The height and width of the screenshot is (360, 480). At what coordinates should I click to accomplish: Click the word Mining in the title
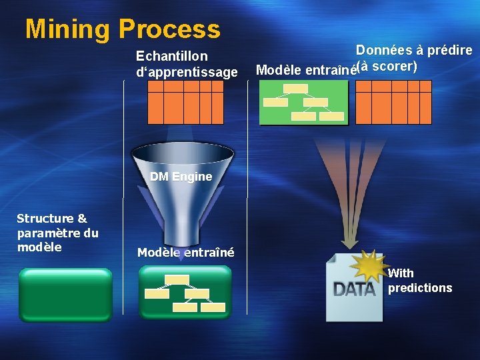67,29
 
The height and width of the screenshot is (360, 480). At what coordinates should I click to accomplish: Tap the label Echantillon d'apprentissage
186,64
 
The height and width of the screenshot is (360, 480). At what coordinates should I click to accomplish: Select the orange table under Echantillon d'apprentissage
185,107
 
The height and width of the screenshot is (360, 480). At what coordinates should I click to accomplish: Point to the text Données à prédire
413,50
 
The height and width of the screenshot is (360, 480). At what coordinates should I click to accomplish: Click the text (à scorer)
387,67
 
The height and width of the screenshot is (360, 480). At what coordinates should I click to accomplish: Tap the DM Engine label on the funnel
181,177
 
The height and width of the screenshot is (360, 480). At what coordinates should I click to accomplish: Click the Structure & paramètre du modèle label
57,233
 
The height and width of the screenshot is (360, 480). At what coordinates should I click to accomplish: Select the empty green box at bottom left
65,294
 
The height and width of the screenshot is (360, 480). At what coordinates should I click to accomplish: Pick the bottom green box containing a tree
185,292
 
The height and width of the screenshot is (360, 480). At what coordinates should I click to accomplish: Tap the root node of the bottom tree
177,279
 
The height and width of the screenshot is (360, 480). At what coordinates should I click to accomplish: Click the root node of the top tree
295,89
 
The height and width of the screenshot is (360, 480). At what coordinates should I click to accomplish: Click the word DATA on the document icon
354,289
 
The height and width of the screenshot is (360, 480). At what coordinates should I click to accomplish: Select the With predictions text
419,281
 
